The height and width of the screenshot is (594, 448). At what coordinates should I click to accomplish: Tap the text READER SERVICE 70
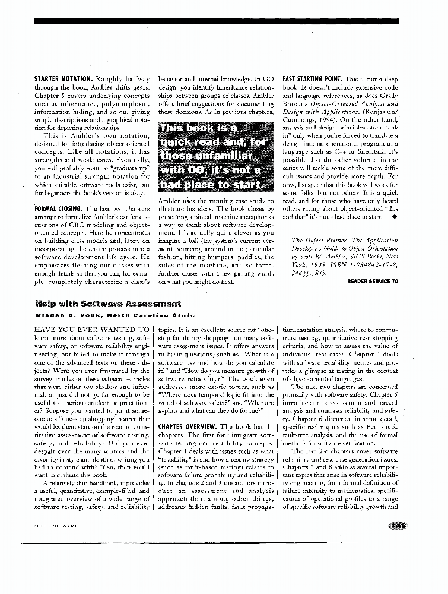(x=372, y=281)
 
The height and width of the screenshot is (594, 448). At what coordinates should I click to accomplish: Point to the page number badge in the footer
(x=394, y=525)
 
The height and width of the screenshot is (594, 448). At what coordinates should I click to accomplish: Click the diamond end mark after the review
(x=395, y=217)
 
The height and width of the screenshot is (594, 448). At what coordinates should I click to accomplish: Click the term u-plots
(x=170, y=411)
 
